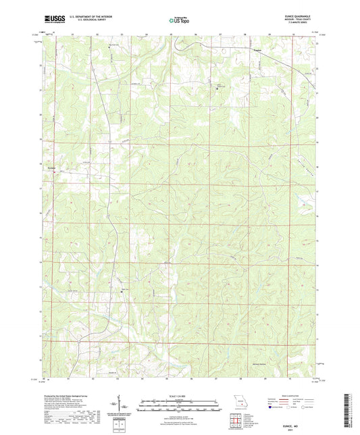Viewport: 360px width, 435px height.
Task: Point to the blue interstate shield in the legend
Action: pos(272,407)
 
